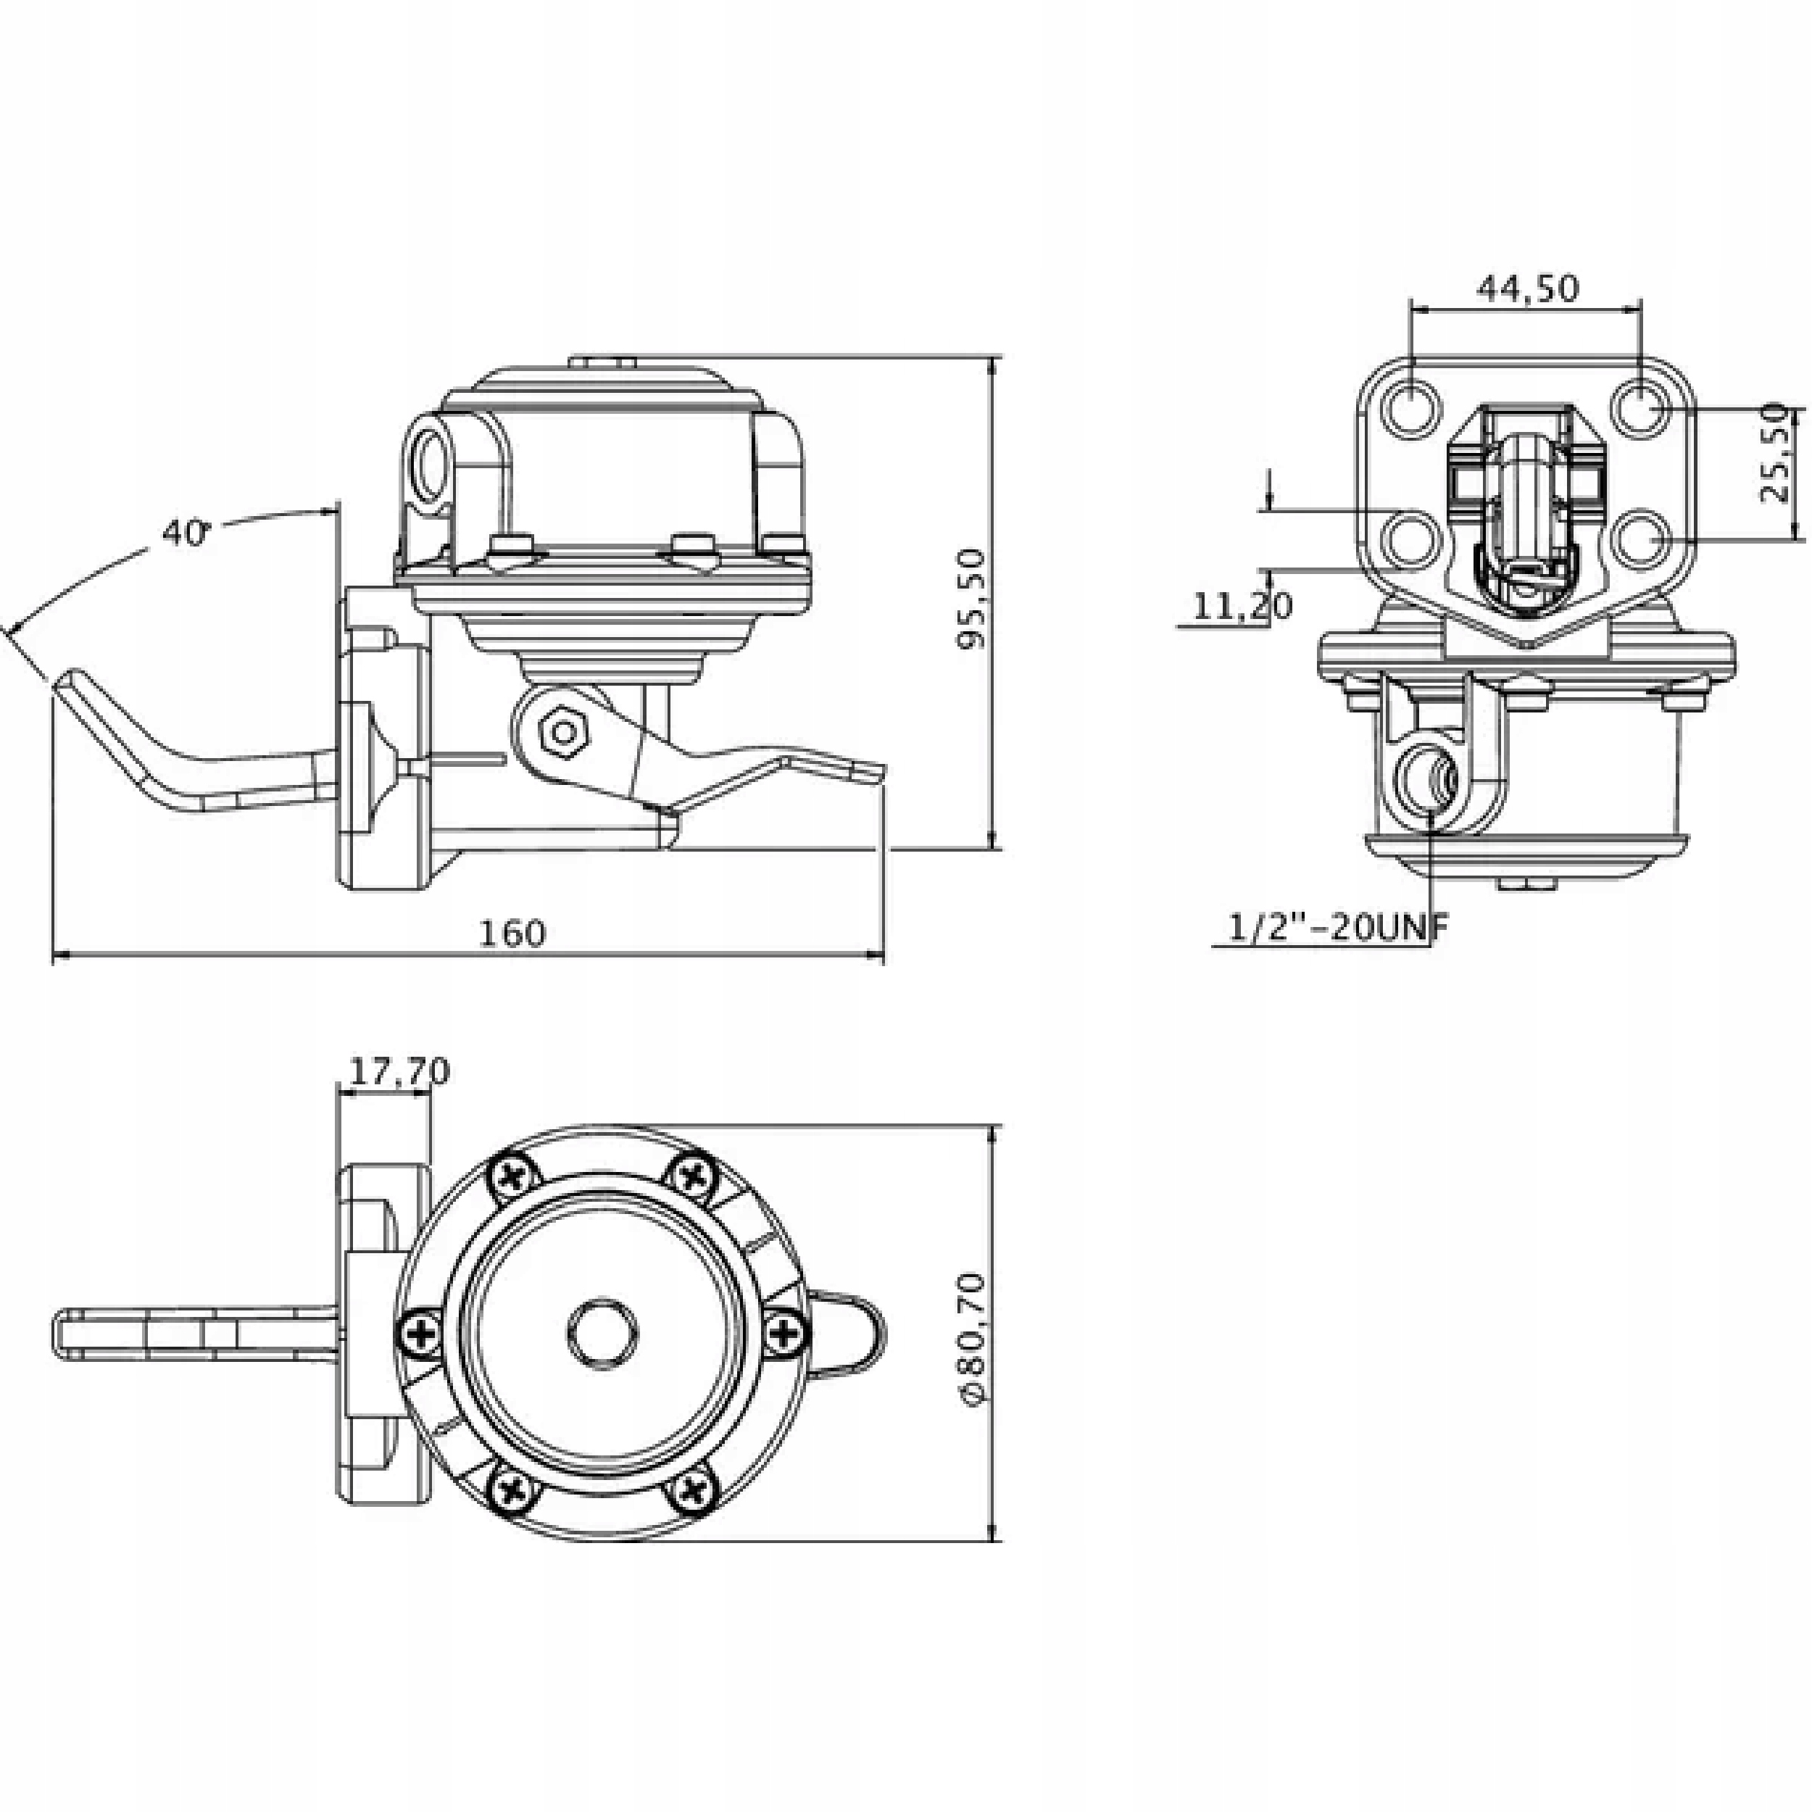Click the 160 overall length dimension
pos(512,934)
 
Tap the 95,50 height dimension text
pos(972,599)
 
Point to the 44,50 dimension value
pos(1528,288)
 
